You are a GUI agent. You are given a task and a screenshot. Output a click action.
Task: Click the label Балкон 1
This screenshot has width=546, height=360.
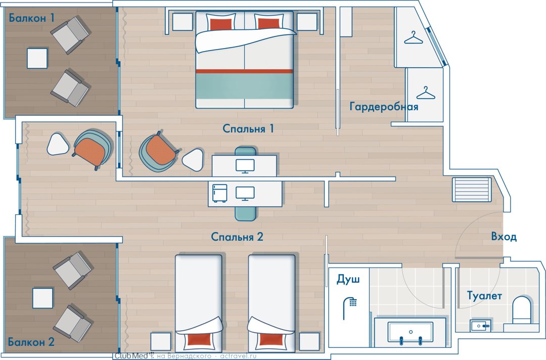click(x=32, y=18)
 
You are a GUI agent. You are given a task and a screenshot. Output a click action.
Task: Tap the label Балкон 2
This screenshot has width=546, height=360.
click(x=31, y=342)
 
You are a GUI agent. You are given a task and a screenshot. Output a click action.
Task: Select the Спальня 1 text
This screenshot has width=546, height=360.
click(x=248, y=129)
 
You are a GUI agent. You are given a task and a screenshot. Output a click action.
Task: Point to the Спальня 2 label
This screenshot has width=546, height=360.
click(x=237, y=237)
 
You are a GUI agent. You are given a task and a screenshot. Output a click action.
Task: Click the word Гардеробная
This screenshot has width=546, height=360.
click(x=384, y=107)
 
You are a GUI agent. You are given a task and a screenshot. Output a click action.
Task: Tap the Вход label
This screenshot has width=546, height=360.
click(x=504, y=237)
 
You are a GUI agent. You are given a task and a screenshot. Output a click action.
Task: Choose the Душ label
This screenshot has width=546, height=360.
click(x=348, y=279)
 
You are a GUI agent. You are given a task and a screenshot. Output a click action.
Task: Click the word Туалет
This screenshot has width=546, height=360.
click(x=484, y=296)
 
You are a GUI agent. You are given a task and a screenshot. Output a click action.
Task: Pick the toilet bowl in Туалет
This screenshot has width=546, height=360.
click(x=521, y=310)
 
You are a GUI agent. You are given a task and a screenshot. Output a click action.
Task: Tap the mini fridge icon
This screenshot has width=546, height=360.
click(x=220, y=193)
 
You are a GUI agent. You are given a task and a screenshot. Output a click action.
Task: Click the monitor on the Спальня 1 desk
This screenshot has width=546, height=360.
click(x=245, y=166)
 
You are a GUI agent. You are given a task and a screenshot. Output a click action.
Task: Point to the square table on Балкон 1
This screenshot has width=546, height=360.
click(x=37, y=59)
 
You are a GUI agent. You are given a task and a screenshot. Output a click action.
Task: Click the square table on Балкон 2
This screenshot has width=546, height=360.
click(x=43, y=298)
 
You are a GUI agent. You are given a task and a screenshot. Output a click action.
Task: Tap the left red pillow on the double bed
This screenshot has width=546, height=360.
click(x=221, y=24)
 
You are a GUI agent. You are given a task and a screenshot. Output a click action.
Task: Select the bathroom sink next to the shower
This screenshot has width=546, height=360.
click(x=410, y=332)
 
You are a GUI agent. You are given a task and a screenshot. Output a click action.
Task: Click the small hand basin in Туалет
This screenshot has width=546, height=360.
click(x=480, y=326)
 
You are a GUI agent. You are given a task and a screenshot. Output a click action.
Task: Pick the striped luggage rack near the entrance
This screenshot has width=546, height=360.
click(x=472, y=190)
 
